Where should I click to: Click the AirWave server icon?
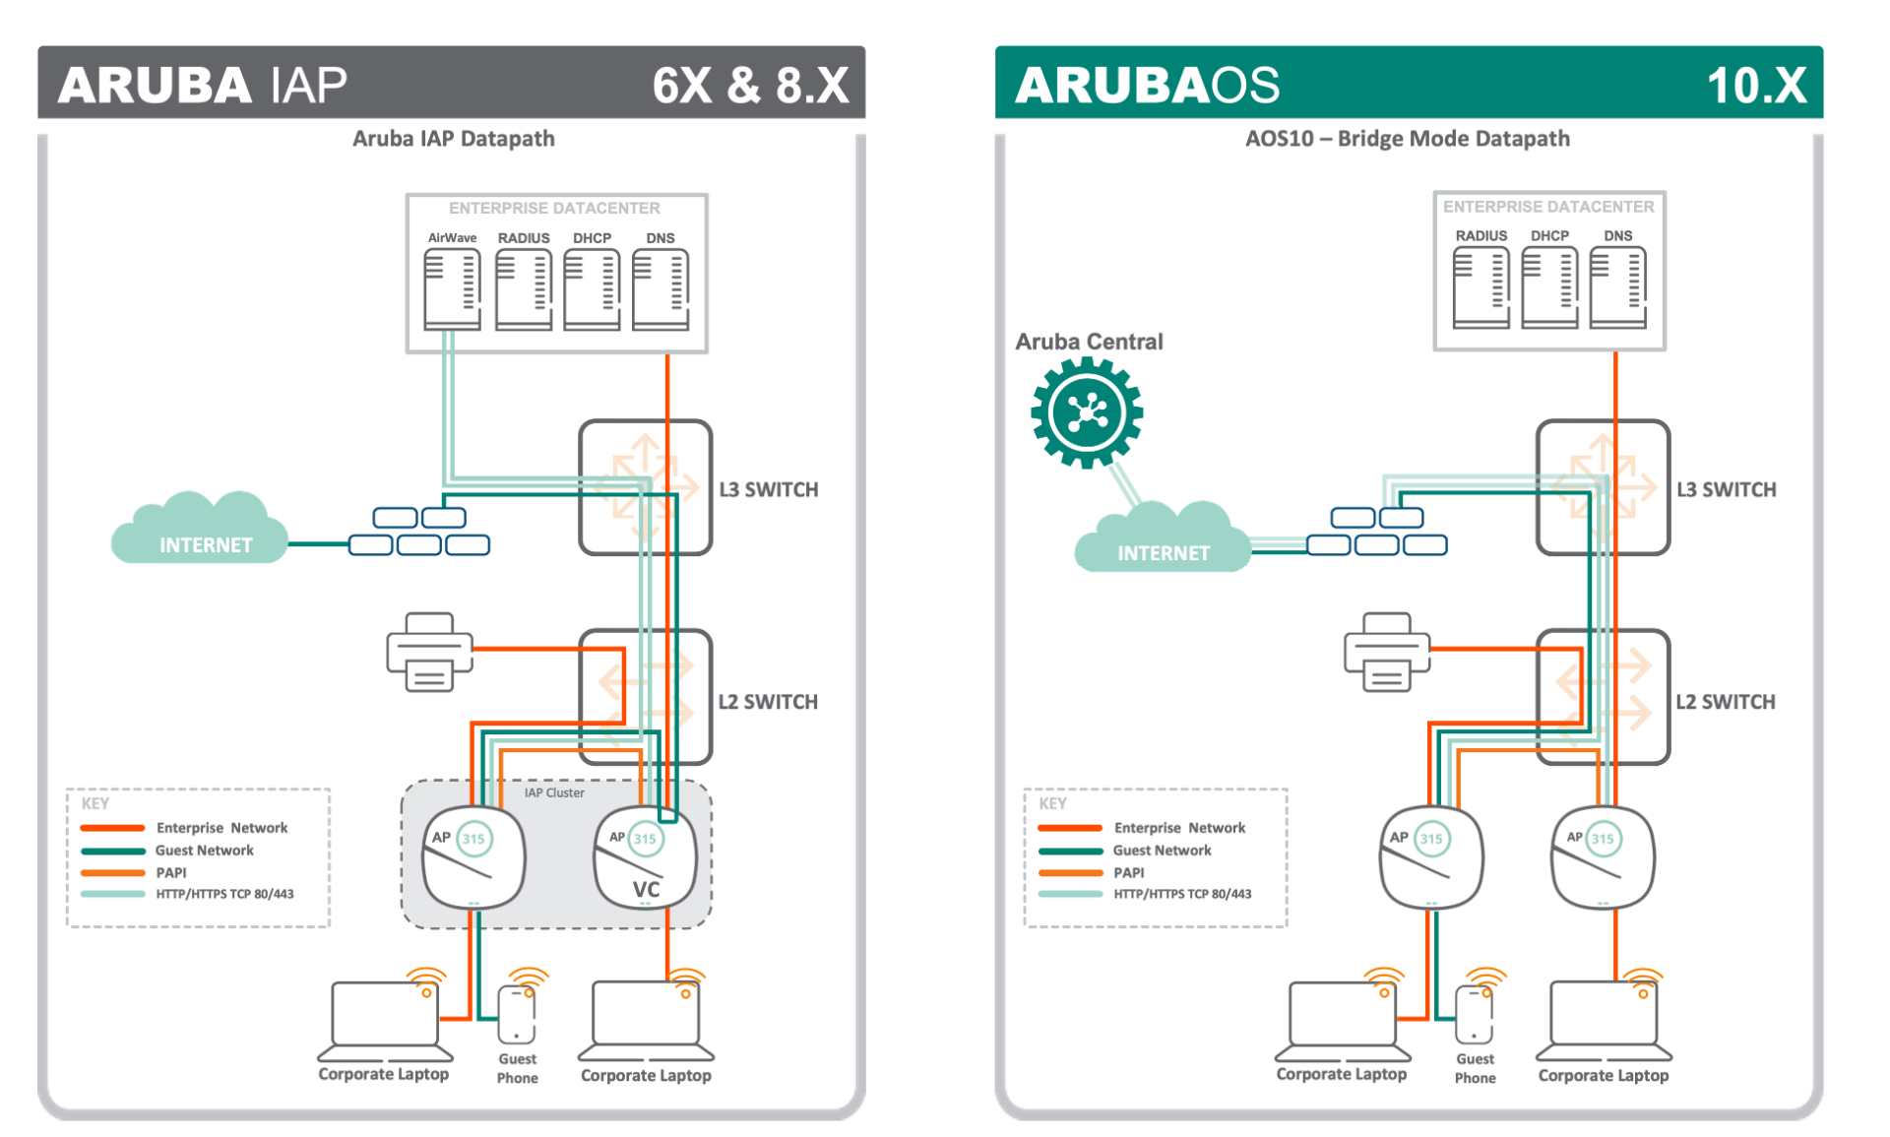(452, 289)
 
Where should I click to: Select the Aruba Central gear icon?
(1087, 412)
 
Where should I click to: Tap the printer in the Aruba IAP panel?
(429, 653)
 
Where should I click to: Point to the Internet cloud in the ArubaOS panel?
(1162, 539)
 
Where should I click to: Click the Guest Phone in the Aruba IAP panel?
(517, 1015)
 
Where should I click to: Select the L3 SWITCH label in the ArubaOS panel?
(1726, 489)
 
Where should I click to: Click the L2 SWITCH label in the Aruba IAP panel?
(768, 702)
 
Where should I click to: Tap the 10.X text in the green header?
(1756, 86)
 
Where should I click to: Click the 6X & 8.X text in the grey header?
(750, 86)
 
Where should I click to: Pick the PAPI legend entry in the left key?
(170, 872)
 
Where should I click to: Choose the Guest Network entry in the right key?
(1162, 851)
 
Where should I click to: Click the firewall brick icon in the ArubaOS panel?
(1377, 532)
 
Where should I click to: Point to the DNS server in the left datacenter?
(660, 289)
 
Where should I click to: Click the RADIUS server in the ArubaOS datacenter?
(1480, 287)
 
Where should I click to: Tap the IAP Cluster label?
(554, 792)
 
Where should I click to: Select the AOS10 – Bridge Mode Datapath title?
(1407, 139)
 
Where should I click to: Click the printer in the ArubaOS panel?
(1386, 653)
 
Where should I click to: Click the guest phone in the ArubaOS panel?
(1474, 1015)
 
